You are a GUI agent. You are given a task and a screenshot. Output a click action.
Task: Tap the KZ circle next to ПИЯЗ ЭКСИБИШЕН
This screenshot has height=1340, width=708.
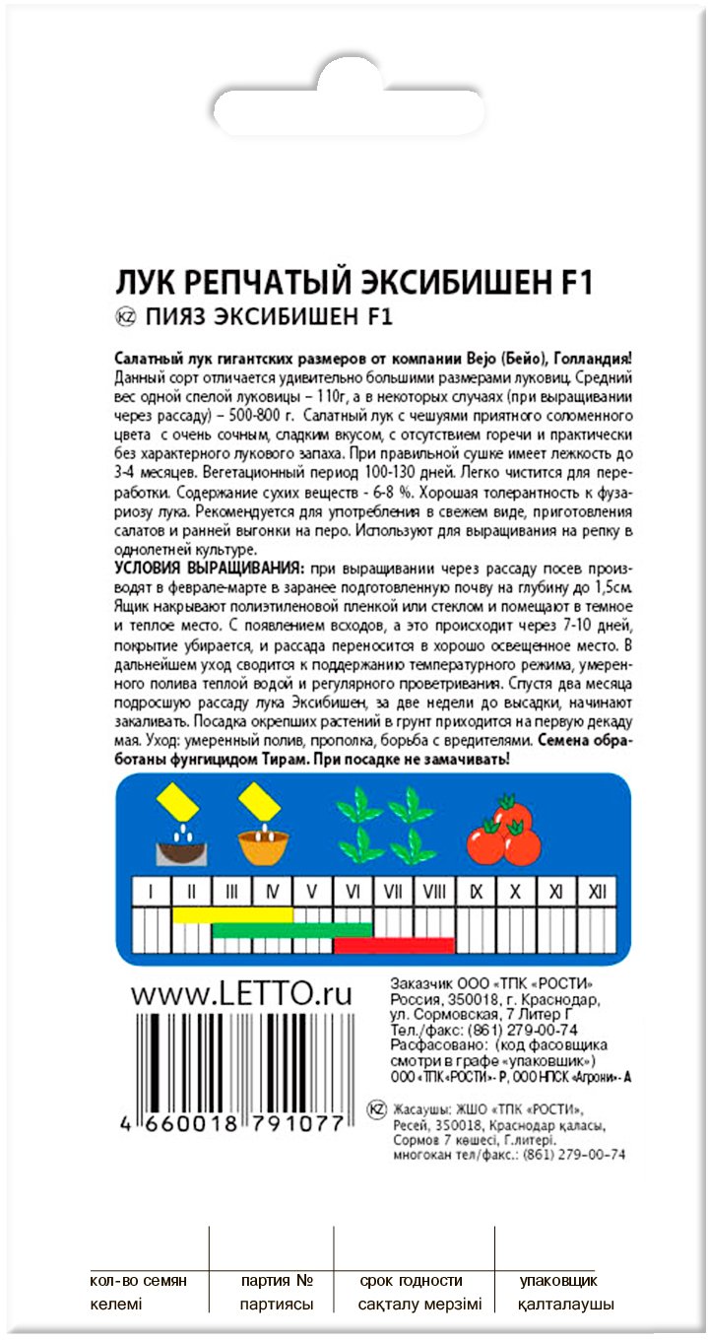125,317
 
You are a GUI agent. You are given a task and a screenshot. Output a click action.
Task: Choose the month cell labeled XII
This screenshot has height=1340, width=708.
595,892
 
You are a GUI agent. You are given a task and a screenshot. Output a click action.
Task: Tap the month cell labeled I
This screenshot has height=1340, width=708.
152,892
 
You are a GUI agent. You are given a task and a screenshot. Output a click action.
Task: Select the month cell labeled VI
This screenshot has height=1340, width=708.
353,892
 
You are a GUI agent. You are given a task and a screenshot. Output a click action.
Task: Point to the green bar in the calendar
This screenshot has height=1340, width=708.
292,929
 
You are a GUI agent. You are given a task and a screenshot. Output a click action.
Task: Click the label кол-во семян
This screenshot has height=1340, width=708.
137,1281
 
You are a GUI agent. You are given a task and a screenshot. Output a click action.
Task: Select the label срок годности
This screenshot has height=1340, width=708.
411,1281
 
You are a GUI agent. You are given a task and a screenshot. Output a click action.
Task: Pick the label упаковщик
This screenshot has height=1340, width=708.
558,1281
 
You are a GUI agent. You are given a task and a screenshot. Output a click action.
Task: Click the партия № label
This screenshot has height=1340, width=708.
277,1281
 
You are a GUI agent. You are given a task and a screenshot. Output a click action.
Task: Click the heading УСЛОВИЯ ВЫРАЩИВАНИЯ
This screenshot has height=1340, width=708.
208,570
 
